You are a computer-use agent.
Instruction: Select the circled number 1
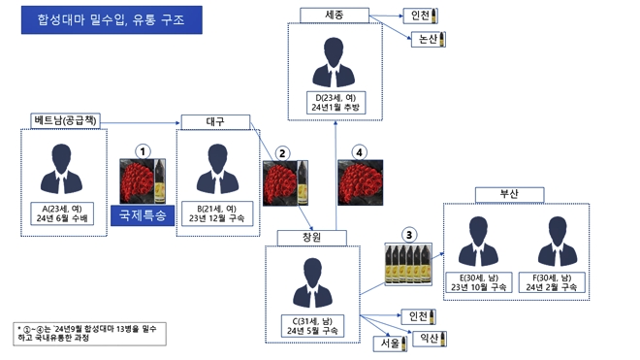pos(144,151)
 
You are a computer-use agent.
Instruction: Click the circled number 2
pos(282,152)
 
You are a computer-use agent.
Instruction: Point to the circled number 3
pos(409,233)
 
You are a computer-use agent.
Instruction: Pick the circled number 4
pos(361,152)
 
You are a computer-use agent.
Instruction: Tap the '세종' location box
pos(331,15)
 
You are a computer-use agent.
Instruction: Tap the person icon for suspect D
pos(331,66)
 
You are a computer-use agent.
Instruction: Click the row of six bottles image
pos(409,261)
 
